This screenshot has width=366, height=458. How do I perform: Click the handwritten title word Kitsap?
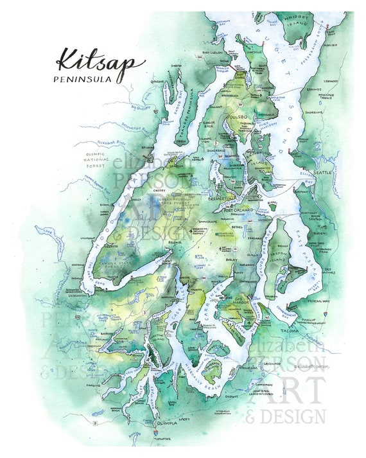click(x=100, y=60)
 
